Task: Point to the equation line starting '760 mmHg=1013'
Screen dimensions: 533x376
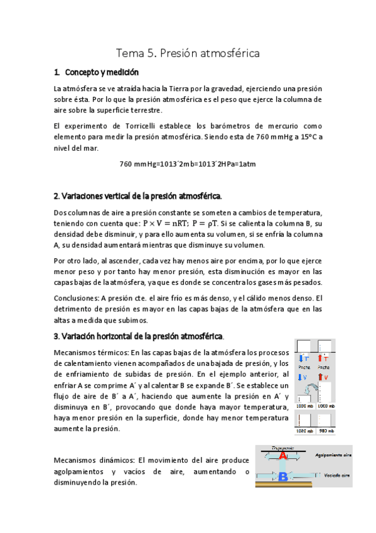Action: [x=187, y=164]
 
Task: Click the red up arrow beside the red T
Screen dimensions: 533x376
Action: [x=320, y=358]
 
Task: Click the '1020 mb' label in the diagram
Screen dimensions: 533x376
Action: [x=305, y=431]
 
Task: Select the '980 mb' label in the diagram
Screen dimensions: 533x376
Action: [x=326, y=431]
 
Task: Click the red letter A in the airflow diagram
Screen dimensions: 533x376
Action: [x=284, y=456]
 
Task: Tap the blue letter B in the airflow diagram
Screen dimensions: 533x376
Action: [x=282, y=477]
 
